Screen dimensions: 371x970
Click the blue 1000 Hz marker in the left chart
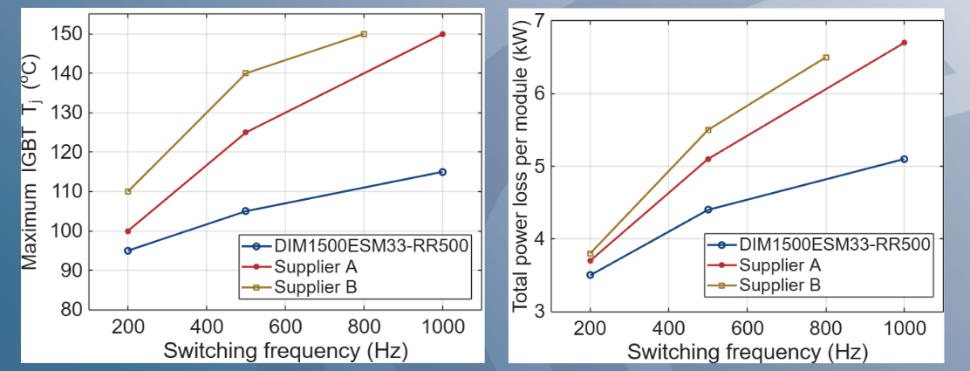point(442,172)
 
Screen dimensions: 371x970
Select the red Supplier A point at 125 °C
point(246,133)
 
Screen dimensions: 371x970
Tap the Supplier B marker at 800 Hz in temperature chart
point(364,34)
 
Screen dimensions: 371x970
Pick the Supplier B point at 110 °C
point(128,191)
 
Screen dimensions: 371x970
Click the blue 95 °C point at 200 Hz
point(128,251)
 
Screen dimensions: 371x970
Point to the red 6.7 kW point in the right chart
point(904,43)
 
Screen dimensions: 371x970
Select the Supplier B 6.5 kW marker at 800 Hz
point(825,58)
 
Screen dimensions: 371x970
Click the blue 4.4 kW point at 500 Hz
point(707,210)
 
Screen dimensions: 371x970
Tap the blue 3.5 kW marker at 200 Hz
point(590,275)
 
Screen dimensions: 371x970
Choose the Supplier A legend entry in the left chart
point(310,265)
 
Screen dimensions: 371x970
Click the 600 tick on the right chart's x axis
point(747,332)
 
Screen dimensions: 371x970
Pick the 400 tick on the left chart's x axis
point(207,332)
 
